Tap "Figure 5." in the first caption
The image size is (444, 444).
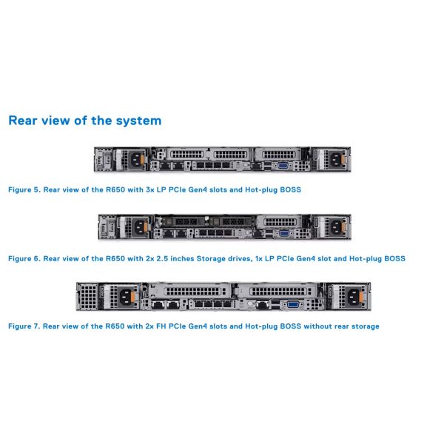[x=24, y=190]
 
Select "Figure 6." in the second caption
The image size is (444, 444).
[x=24, y=259]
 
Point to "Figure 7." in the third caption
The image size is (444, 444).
[x=24, y=326]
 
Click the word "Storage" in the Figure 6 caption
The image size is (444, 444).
[x=190, y=259]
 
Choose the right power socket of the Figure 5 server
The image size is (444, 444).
[x=331, y=158]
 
